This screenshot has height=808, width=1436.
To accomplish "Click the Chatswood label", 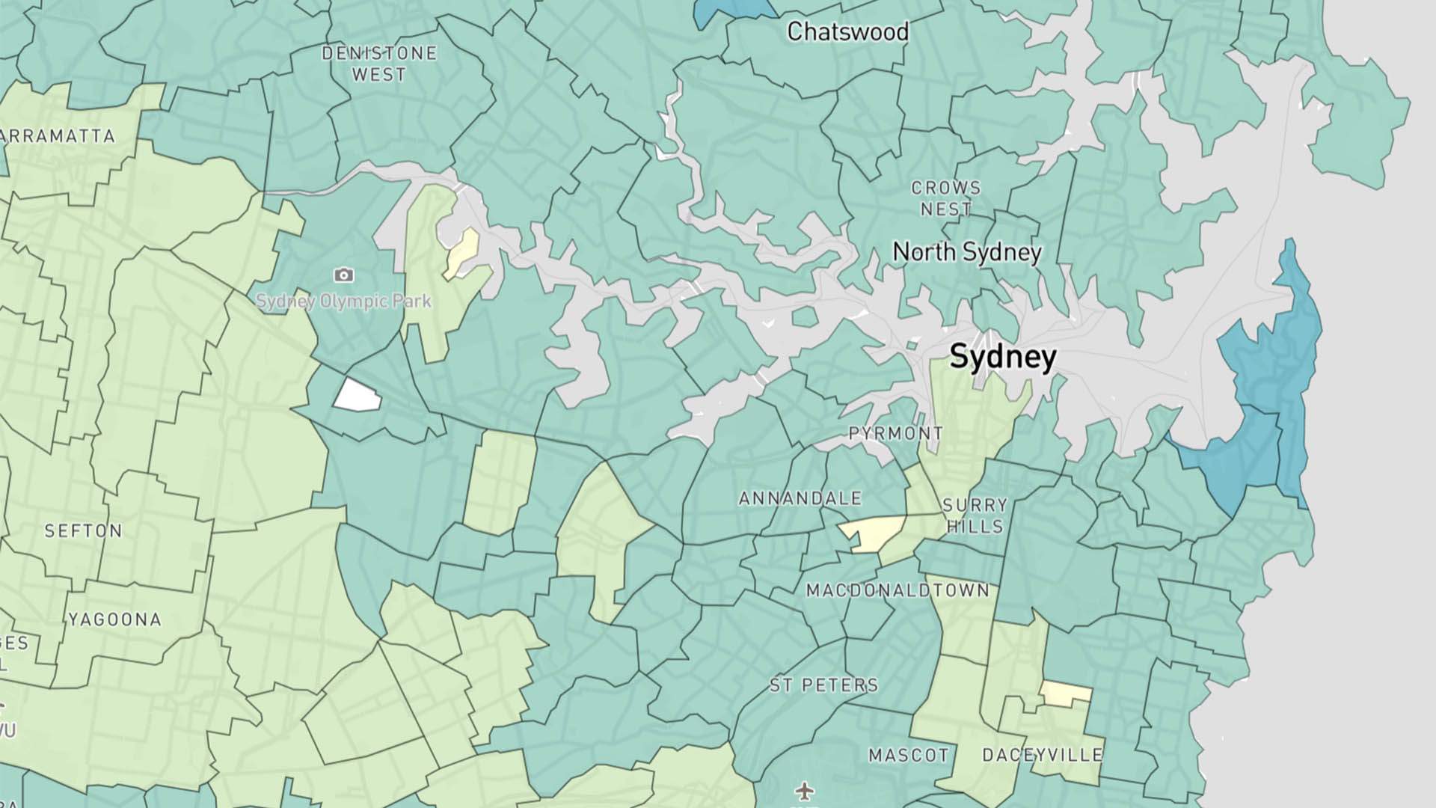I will [847, 31].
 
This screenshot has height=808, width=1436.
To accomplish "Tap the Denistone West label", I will [379, 64].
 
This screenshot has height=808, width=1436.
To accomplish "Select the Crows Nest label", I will [946, 198].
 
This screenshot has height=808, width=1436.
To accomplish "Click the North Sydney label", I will [966, 252].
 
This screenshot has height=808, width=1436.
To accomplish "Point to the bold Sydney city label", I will [1002, 357].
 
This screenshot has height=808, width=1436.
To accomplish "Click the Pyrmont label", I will [895, 433].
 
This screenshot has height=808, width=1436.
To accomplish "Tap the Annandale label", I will [800, 498].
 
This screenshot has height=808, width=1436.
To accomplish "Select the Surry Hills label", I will [975, 515].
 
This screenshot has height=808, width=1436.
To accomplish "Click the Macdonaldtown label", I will [897, 590].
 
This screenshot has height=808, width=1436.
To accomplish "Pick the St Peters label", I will [823, 685].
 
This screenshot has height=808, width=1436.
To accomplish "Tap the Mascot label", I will [908, 755].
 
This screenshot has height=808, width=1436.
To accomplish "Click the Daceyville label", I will [1042, 755].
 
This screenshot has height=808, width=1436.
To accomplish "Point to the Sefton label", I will [83, 531].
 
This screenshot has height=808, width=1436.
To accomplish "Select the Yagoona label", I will [114, 619].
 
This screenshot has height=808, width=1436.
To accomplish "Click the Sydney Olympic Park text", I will [343, 302].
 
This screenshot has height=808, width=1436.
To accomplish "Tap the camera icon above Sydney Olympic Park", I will [343, 275].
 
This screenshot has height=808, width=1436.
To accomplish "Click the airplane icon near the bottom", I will [804, 790].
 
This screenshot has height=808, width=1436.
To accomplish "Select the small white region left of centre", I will [357, 395].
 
